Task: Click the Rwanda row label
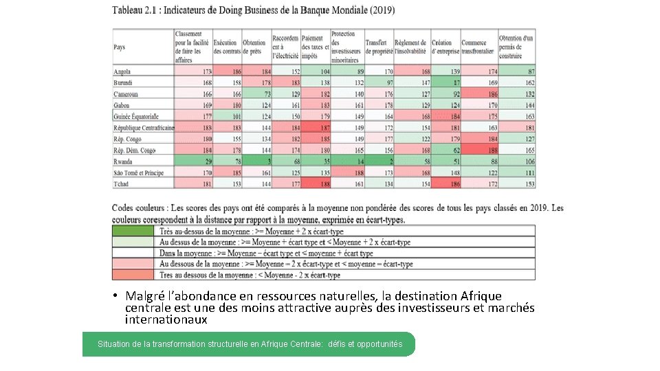[124, 161]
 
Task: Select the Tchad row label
[122, 183]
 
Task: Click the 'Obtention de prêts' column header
[254, 47]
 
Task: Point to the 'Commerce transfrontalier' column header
[478, 47]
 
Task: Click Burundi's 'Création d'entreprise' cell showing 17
[445, 82]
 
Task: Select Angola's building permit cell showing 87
[517, 71]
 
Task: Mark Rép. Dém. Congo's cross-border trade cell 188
[478, 150]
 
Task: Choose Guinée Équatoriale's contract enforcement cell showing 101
[228, 117]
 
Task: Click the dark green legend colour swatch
[135, 232]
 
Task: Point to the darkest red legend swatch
[135, 275]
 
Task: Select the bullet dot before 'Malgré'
[118, 296]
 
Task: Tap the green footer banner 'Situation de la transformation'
[249, 344]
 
